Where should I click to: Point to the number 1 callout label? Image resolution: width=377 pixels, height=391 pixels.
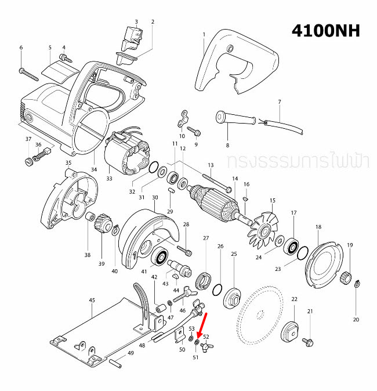(204, 35)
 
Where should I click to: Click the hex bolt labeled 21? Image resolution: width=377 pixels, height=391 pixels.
(307, 335)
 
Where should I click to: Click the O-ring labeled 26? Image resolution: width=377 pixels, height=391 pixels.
(217, 288)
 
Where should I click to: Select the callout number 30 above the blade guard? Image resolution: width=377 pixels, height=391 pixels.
(155, 197)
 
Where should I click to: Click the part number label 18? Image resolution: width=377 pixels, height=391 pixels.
(318, 226)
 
